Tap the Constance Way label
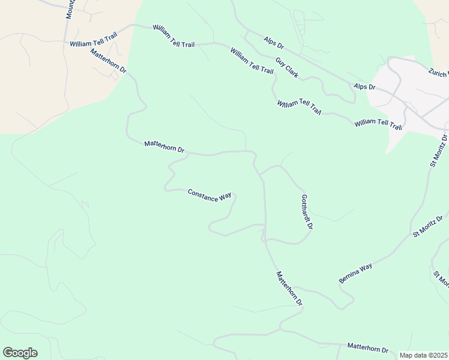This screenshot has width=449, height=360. coord(209,196)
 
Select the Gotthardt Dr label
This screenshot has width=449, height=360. coord(307,212)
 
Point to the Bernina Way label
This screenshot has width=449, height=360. coord(355,274)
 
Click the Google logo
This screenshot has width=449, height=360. coord(20,353)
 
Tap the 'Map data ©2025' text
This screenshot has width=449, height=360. coord(423,355)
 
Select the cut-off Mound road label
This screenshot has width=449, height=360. coord(70,9)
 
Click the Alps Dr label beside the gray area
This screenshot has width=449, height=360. coord(364,87)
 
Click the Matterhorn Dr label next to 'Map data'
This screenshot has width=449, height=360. coord(367,349)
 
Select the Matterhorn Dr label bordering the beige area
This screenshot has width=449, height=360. coord(109,61)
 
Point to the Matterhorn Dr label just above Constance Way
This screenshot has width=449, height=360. coord(164,146)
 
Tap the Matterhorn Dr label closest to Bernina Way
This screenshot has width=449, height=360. coord(289,289)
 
